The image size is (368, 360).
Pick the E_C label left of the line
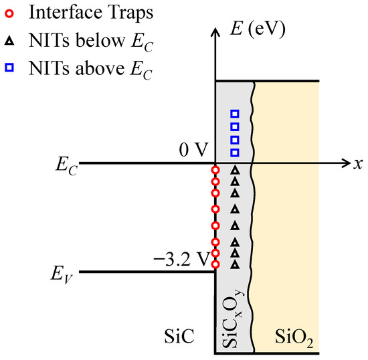[68, 167]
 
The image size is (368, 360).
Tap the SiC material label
[179, 339]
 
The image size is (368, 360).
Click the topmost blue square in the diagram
[234, 113]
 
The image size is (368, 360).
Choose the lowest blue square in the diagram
[234, 152]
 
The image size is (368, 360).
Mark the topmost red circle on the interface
[215, 169]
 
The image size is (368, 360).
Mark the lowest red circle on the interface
[215, 264]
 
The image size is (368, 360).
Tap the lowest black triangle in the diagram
[234, 264]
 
